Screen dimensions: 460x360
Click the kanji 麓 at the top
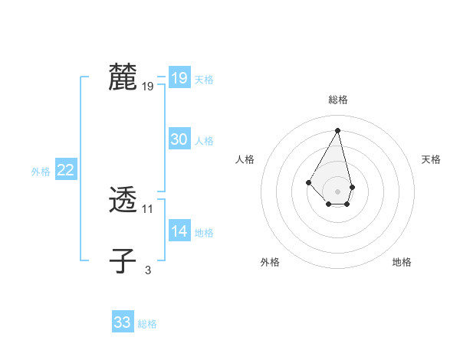pos(123,77)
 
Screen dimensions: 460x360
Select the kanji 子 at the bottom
pos(123,260)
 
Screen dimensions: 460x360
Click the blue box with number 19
pos(179,77)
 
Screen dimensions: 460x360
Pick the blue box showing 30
pos(179,139)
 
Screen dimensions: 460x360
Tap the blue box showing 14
pos(179,231)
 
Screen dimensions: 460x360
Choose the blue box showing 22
pos(65,170)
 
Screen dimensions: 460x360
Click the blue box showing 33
pos(123,322)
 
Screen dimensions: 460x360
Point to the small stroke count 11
pos(148,209)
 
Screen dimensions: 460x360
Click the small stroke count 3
pos(148,270)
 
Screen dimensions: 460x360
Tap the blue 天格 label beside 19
pos(204,79)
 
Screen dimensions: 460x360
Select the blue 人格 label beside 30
pos(204,141)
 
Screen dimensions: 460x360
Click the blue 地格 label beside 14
pos(204,233)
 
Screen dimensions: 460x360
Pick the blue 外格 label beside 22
pos(41,172)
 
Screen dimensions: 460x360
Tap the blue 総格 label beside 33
pos(147,324)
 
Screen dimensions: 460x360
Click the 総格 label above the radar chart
pos(338,100)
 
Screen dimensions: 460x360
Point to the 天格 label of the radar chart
pos(431,159)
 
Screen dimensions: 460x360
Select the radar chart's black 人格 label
pos(245,159)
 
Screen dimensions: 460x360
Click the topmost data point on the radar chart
pos(338,130)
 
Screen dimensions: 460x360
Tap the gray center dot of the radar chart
pos(338,191)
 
